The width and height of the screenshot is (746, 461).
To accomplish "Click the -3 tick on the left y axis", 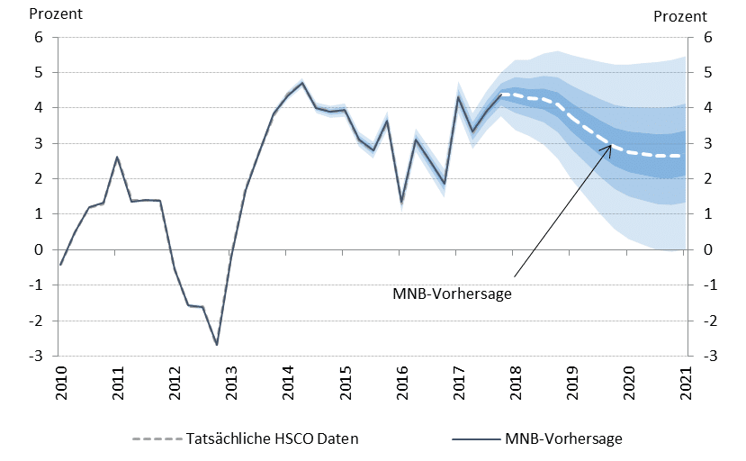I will click(x=37, y=357).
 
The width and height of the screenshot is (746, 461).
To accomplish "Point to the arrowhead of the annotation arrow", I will click(x=611, y=145).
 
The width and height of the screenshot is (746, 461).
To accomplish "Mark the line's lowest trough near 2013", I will click(x=217, y=345).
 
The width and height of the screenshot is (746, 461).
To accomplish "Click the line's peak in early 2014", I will click(x=301, y=82).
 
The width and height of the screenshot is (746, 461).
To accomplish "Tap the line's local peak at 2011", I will click(x=117, y=158).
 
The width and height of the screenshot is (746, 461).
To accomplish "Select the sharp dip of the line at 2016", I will click(x=401, y=202).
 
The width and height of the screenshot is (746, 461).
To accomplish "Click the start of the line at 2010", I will click(x=60, y=265).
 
